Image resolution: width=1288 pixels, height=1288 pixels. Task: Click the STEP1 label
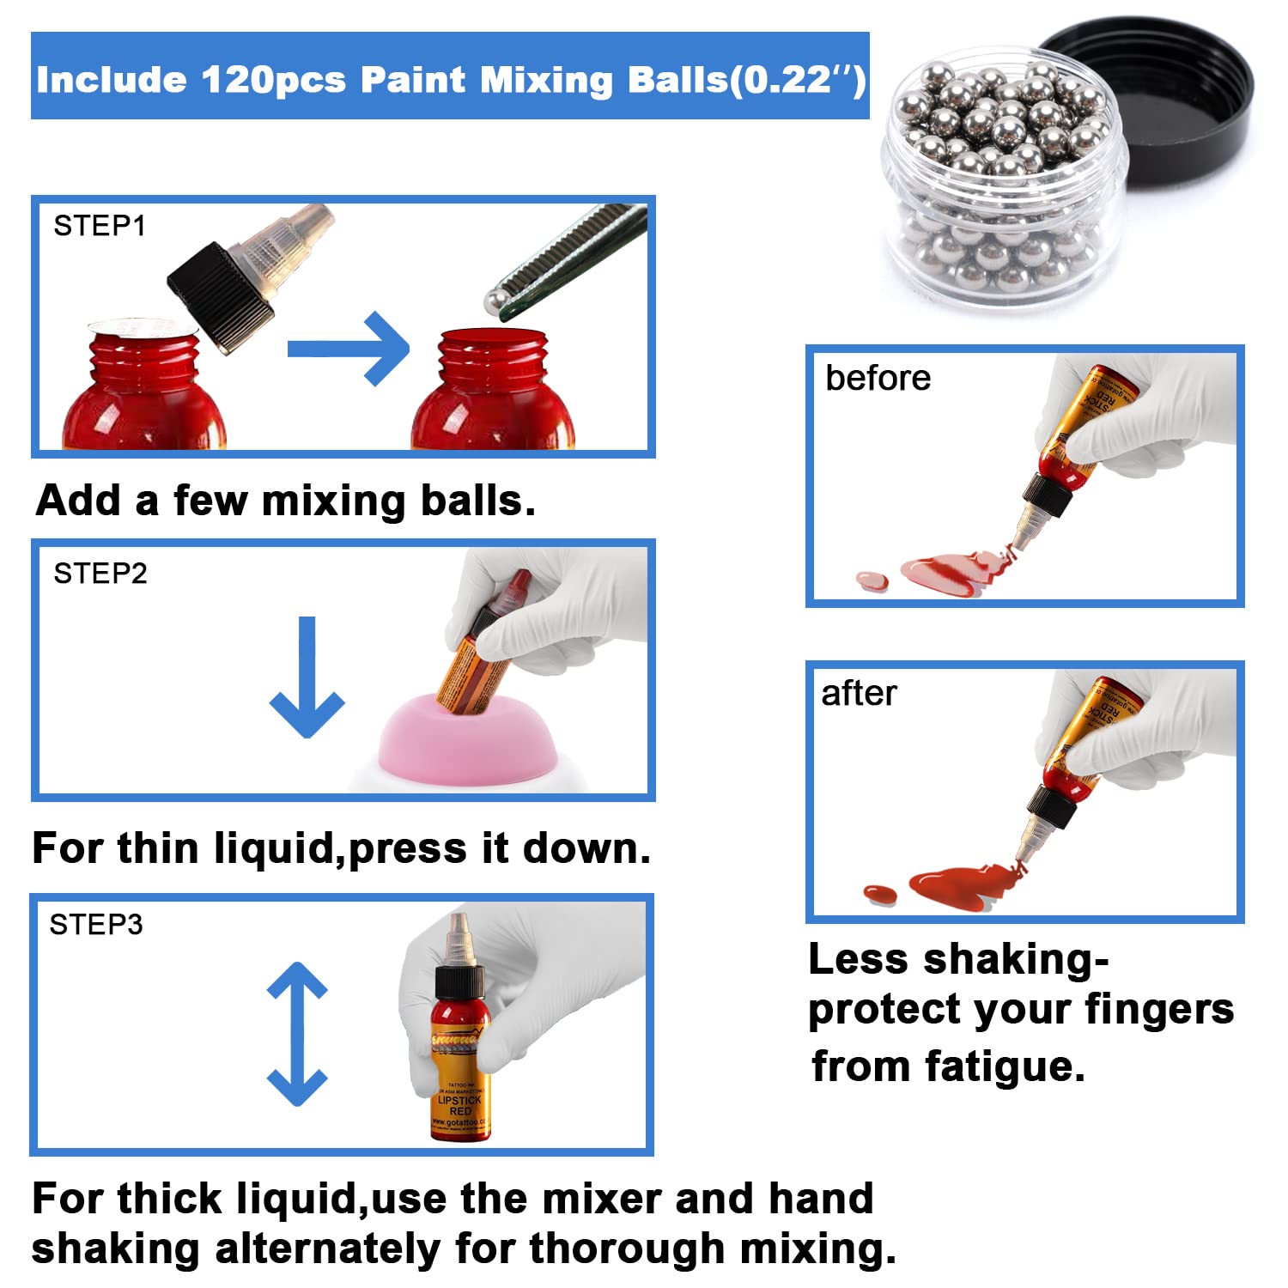[x=100, y=226]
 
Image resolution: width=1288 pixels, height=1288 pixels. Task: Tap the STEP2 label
[x=100, y=573]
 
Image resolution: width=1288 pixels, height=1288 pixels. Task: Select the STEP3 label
[x=96, y=924]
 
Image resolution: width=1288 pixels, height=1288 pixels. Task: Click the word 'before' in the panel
[x=878, y=378]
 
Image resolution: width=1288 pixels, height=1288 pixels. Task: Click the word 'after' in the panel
[x=859, y=693]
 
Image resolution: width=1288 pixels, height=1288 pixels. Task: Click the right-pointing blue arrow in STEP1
[x=348, y=349]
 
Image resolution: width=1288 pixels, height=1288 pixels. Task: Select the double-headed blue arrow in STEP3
[x=297, y=1034]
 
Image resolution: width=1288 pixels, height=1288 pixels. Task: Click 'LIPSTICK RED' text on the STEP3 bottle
[x=460, y=1105]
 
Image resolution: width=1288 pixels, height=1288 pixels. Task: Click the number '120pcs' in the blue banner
[x=273, y=80]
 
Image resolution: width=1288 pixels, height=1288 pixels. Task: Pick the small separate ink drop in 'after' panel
[x=880, y=894]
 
